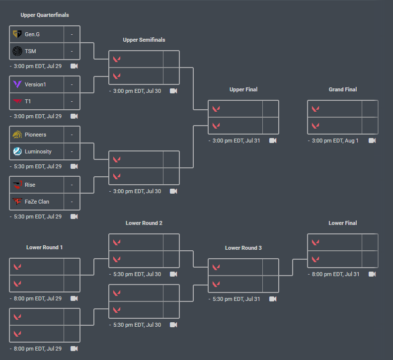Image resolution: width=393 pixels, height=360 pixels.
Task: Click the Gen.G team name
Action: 32,34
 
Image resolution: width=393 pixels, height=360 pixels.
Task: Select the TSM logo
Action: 17,51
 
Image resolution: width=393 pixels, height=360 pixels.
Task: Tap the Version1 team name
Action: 35,84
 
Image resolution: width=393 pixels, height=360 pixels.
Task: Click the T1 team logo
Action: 17,101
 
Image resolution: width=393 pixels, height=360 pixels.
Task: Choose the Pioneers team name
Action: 35,135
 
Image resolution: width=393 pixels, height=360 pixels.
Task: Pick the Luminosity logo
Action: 17,151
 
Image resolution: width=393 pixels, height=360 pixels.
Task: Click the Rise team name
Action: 30,185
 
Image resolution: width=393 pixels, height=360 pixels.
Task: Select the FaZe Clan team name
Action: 37,202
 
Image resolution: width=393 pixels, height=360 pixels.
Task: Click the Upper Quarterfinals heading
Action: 45,15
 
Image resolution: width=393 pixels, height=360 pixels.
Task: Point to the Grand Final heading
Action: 343,89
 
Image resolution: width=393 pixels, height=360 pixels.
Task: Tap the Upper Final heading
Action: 243,89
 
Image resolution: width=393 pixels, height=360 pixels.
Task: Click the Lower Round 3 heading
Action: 243,248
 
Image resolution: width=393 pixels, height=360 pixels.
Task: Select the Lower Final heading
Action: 343,223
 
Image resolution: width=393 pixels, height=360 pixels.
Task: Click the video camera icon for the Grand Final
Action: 372,141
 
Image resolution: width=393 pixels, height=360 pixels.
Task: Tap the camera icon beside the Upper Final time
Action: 273,141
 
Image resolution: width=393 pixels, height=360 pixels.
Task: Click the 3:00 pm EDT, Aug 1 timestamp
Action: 335,141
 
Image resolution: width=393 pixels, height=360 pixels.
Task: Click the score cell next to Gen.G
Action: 72,34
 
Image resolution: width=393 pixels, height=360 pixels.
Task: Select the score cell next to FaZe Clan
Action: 72,202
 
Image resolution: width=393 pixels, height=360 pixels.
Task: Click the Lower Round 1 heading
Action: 45,247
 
